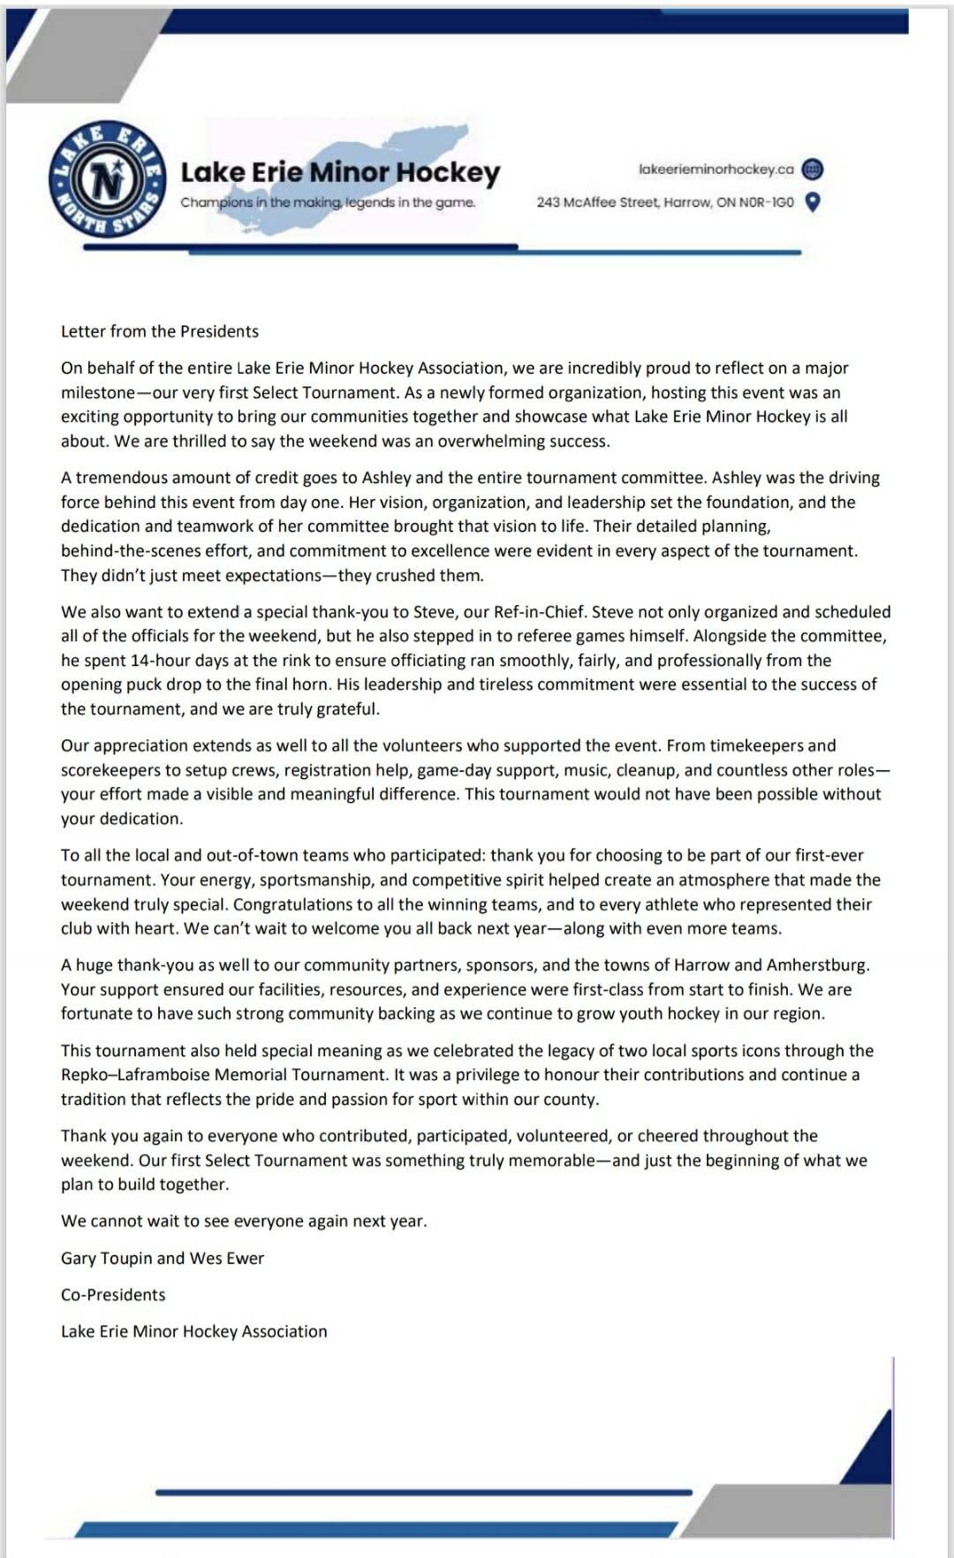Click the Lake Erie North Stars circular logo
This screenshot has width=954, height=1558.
[x=108, y=179]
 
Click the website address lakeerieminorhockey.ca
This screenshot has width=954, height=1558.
[x=715, y=169]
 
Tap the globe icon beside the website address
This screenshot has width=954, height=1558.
[x=814, y=169]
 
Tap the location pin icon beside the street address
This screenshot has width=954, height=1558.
[x=814, y=202]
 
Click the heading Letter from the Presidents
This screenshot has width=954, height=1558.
[x=160, y=331]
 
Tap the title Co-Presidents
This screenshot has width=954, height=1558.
[x=113, y=1295]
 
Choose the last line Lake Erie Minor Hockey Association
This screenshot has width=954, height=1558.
[x=193, y=1331]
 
